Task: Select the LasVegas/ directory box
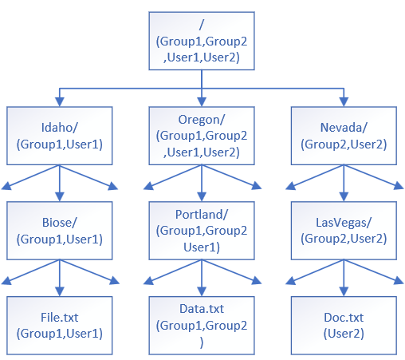click(x=343, y=230)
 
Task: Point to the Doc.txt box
click(x=343, y=325)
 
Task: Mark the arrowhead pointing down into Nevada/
click(x=343, y=101)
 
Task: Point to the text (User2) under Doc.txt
click(x=343, y=333)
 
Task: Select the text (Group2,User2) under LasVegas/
click(x=343, y=238)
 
